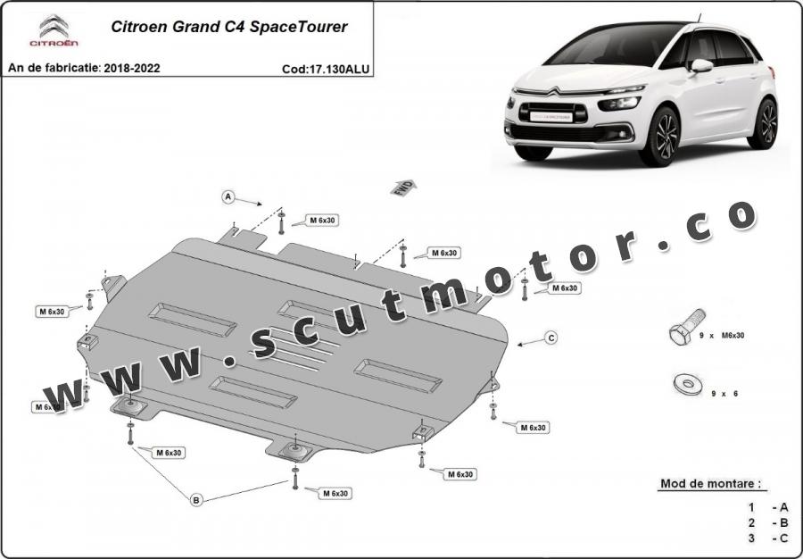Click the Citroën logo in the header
[54, 30]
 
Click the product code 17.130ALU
[338, 69]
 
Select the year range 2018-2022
[132, 68]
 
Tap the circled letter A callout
[228, 196]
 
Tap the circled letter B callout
[196, 500]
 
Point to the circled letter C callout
[551, 338]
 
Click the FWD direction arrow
[403, 188]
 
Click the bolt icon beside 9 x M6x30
[687, 327]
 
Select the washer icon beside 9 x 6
[688, 384]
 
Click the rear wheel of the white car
[764, 123]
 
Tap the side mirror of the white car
[701, 65]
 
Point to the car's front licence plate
[551, 116]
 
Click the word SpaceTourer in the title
[299, 27]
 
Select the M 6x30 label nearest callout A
[323, 221]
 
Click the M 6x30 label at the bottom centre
[335, 494]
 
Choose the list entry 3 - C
[767, 538]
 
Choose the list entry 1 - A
[767, 507]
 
